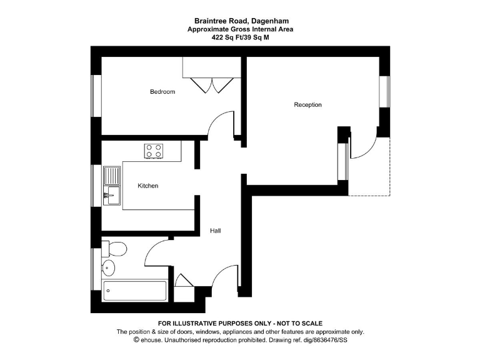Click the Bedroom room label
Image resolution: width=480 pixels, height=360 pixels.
click(162, 92)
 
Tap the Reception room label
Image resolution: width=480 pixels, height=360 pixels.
click(307, 104)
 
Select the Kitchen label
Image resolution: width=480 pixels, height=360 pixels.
click(148, 186)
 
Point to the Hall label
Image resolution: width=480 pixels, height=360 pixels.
click(215, 231)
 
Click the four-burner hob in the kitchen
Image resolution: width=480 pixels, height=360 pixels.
click(154, 150)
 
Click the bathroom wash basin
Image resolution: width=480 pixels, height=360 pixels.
click(109, 269)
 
